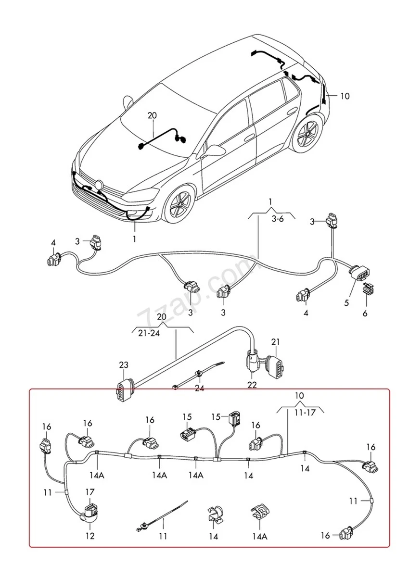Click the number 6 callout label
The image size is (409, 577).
pos(365,313)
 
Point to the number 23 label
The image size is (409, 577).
pos(124,365)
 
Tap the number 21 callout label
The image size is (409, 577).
pos(275,342)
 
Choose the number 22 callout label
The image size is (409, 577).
pos(252,385)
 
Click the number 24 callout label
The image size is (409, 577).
pos(199,389)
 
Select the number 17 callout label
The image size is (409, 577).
pos(90,492)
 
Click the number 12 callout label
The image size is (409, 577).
pos(90,536)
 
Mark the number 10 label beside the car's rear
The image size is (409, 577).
pos(345,96)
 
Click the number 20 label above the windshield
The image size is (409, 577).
pos(152,115)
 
